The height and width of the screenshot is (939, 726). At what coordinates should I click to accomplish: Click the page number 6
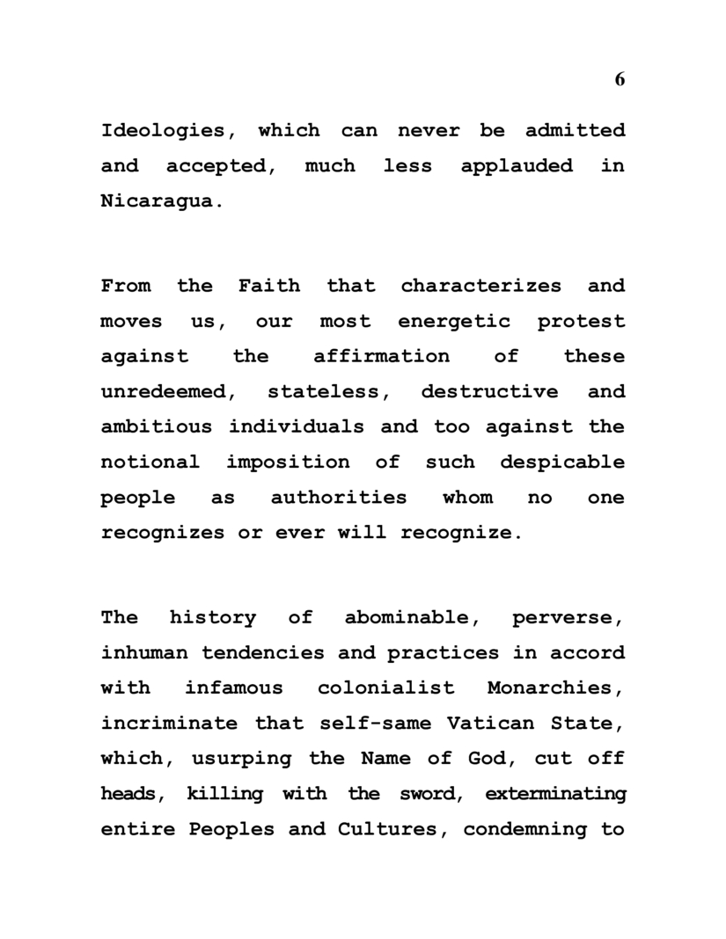[x=620, y=79]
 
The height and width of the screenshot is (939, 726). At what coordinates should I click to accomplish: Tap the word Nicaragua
[x=157, y=201]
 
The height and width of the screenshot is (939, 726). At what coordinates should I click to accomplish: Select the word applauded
[x=517, y=166]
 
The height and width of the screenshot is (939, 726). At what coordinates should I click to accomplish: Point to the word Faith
[x=268, y=286]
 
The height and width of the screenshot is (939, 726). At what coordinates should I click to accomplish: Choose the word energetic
[x=453, y=321]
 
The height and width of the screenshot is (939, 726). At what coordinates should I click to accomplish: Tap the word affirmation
[x=381, y=356]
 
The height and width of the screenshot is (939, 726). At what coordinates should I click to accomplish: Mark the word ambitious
[x=157, y=426]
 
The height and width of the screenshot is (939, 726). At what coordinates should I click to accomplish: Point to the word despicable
[x=562, y=462]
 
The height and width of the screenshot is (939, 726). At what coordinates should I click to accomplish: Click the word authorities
[x=339, y=497]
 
